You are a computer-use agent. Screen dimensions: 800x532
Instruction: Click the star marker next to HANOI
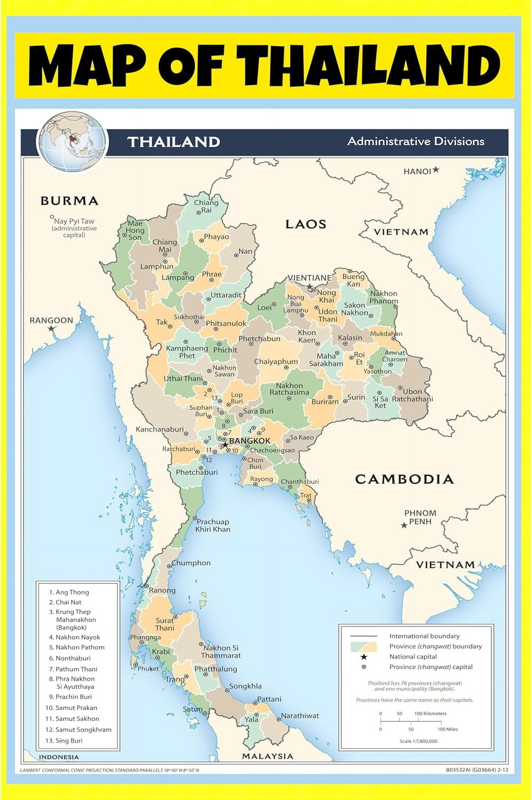coord(436,169)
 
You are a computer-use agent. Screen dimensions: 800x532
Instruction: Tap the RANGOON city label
coord(51,320)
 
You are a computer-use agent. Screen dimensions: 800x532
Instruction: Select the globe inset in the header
coord(72,141)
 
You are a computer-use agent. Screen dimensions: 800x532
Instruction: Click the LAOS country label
coord(305,224)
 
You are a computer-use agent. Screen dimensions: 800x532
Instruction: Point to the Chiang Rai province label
coord(206,206)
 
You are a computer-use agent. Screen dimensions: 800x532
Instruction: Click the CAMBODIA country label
coord(404,479)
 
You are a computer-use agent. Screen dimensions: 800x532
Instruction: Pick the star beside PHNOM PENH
coord(404,525)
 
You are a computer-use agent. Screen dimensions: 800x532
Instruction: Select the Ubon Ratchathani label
coord(412,395)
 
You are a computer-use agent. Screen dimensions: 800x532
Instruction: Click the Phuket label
coord(148,669)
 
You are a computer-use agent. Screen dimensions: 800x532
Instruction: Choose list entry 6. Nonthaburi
coord(70,658)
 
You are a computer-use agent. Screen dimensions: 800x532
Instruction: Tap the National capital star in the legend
coord(364,657)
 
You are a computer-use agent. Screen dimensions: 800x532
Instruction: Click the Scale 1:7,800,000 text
coord(418,741)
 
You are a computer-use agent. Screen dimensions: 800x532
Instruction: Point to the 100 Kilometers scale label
coord(430,713)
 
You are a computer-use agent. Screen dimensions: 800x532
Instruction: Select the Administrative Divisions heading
coord(416,141)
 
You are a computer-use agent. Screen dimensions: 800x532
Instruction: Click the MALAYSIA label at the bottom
coord(267,756)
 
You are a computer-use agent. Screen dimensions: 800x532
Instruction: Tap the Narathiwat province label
coord(300,715)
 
